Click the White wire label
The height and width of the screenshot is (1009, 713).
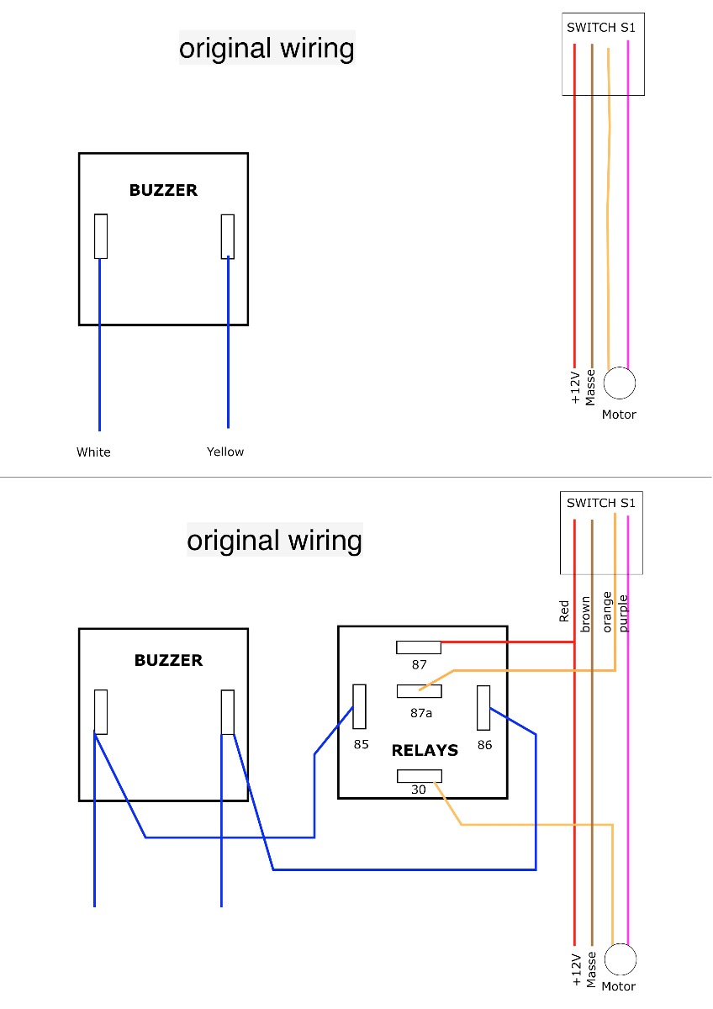point(93,452)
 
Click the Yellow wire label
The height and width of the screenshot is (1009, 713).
point(225,452)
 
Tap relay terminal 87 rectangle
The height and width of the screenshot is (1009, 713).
point(419,647)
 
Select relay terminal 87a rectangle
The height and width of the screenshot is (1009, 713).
point(420,691)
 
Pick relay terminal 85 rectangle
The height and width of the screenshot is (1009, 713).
point(359,706)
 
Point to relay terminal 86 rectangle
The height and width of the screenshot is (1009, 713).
point(483,708)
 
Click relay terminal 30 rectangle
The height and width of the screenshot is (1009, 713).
point(420,776)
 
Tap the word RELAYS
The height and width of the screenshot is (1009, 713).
point(425,750)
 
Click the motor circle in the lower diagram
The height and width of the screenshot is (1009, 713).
point(621,959)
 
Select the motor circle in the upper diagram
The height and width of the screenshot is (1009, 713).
point(620,383)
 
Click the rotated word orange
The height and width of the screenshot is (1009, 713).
point(607,612)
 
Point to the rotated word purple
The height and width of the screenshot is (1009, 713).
point(623,613)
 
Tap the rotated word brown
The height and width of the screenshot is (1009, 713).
point(585,614)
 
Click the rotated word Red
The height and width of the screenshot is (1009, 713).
point(564,610)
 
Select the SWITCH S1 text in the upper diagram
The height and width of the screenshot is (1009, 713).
point(601,28)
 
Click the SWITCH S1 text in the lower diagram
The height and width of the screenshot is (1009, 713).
point(601,503)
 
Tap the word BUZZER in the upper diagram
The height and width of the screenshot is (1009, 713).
point(163,190)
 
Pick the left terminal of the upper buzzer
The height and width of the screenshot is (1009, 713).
point(101,236)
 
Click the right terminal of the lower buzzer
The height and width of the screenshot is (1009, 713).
point(228,712)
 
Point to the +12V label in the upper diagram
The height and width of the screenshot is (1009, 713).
point(575,388)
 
